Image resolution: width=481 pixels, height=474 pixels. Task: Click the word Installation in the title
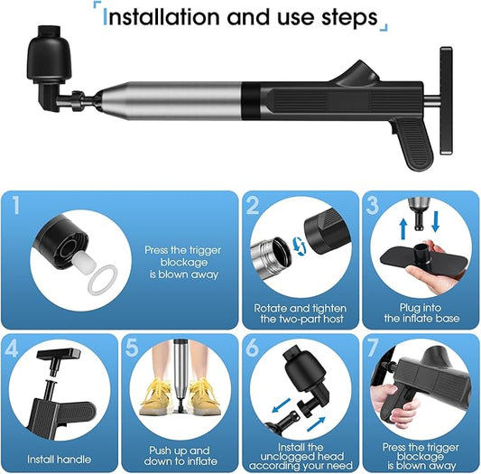point(162,17)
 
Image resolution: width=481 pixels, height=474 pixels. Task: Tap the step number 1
point(16,205)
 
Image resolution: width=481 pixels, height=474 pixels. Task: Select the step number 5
point(133,348)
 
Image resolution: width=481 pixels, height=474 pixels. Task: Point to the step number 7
point(373,348)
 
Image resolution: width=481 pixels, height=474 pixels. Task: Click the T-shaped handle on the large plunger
point(446,100)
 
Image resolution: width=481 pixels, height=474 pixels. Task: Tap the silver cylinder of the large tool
point(171,100)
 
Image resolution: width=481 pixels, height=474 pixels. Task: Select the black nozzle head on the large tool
point(50,55)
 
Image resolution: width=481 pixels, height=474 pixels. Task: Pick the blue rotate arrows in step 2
point(299,246)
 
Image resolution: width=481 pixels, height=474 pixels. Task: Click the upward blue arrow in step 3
point(403,228)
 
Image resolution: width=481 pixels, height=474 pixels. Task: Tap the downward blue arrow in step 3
point(435,221)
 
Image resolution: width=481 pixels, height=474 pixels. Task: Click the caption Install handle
point(60,460)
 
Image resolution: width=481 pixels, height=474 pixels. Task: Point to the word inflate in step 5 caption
point(201,461)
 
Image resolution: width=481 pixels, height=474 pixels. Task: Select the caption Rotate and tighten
point(301,308)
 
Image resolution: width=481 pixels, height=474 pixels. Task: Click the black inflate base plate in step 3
point(422,258)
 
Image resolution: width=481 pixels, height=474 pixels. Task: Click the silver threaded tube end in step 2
point(271,255)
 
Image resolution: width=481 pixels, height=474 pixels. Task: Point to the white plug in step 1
point(84,263)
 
